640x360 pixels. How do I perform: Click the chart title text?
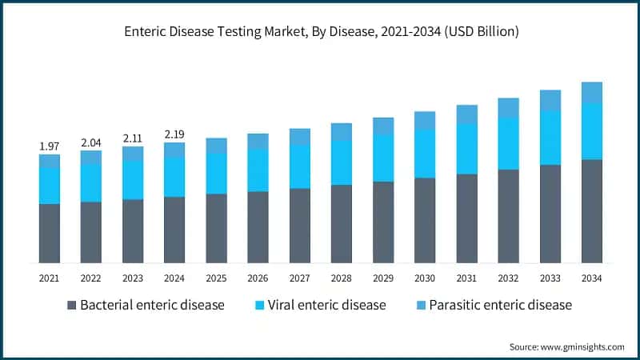coord(320,33)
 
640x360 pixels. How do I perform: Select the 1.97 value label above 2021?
coord(50,146)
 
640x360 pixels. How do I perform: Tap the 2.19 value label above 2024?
coord(174,134)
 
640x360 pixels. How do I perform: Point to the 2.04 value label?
coord(91,142)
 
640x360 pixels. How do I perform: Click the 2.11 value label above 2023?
coord(133,138)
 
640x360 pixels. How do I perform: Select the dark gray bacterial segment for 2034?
coord(591,211)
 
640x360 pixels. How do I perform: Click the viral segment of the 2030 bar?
coord(425,154)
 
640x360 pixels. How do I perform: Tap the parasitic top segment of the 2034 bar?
coord(591,92)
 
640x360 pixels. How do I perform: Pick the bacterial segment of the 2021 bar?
coord(50,233)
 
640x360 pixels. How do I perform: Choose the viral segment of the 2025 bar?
coord(216,173)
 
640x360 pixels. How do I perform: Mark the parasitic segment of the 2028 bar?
coord(342,132)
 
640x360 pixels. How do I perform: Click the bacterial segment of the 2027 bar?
coord(300,226)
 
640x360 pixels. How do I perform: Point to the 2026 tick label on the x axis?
coord(258,278)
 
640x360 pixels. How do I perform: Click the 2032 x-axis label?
coord(508,278)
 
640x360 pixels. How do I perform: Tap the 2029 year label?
coord(383,278)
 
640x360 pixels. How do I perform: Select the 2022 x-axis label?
coord(91,278)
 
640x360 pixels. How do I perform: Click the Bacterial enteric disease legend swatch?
coord(72,305)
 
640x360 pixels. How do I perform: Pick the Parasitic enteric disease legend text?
coord(501,305)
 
